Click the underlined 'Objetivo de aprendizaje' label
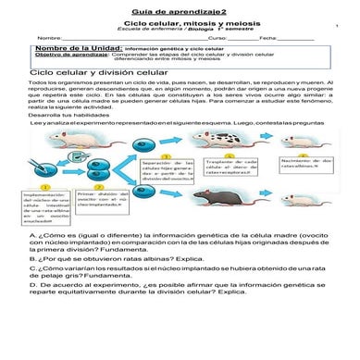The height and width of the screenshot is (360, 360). click(x=73, y=54)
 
